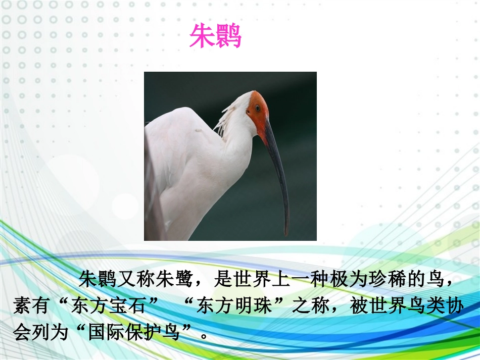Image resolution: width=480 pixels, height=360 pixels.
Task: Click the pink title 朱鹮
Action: pos(216,36)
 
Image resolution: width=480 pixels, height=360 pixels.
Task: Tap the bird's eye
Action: pos(257,108)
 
